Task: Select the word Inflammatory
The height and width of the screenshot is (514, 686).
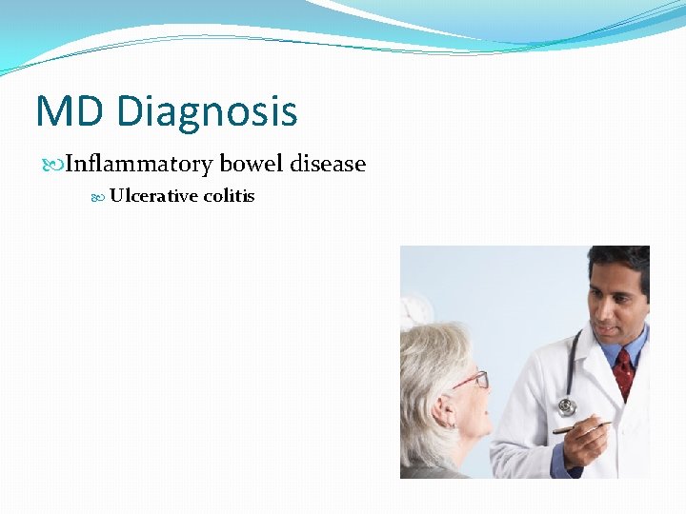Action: click(x=139, y=164)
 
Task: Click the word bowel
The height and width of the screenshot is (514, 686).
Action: click(x=252, y=164)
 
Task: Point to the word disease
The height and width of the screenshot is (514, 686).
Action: click(x=328, y=164)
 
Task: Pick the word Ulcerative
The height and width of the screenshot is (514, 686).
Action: click(x=153, y=196)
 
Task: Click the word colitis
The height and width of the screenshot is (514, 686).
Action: click(x=229, y=196)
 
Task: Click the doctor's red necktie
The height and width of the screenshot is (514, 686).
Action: click(x=624, y=371)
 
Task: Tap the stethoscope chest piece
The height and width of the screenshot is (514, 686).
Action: click(x=567, y=406)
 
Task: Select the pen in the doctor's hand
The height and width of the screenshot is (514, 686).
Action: click(x=581, y=427)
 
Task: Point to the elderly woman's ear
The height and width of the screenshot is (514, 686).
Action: click(x=440, y=410)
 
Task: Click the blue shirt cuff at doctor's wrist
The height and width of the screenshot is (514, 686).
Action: click(x=561, y=462)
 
